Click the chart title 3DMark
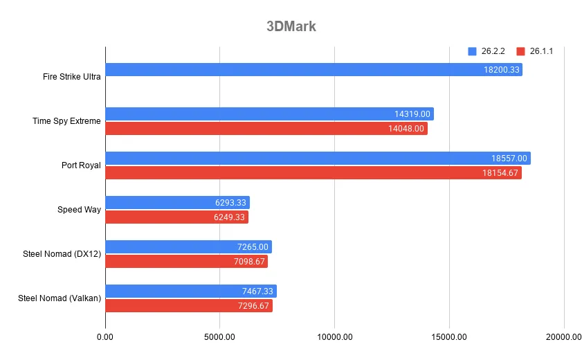[291, 27]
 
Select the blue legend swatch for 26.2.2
[473, 51]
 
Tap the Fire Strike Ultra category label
[71, 76]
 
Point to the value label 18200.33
[502, 70]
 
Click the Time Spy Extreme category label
[66, 120]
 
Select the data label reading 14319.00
[413, 114]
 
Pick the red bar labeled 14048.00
[266, 129]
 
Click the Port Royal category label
[81, 165]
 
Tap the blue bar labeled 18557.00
[318, 159]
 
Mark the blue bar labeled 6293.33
[177, 203]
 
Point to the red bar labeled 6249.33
[176, 217]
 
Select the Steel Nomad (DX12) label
[62, 253]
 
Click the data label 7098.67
[247, 262]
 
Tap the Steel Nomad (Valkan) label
[60, 298]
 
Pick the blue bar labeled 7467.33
[191, 291]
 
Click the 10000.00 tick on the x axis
[334, 336]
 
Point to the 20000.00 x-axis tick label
[563, 336]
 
